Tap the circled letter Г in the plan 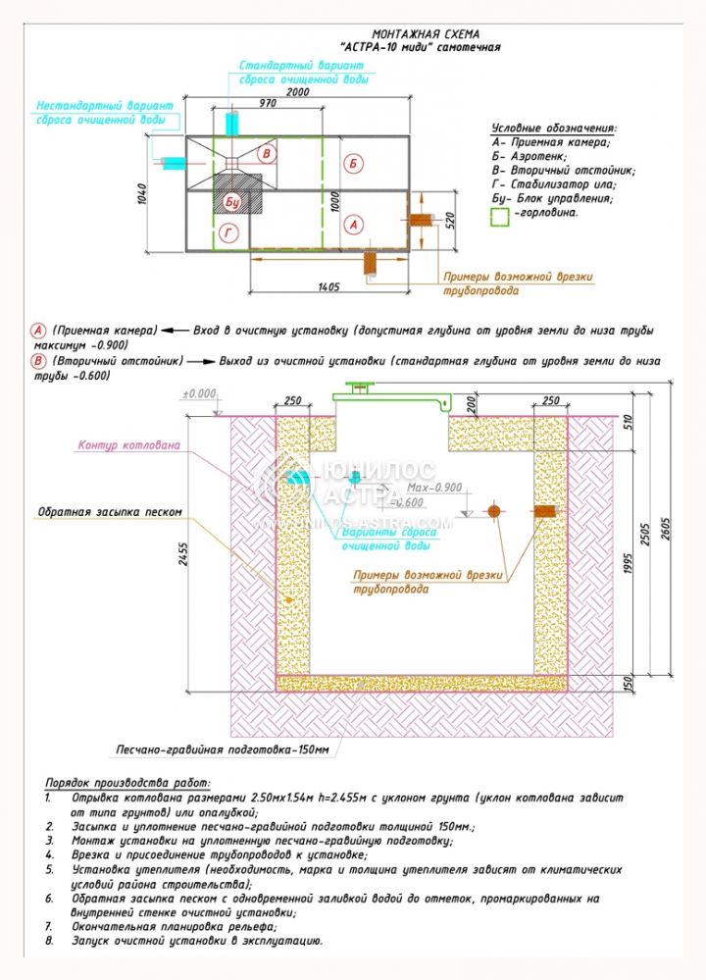[x=228, y=232]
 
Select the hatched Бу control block [x=233, y=200]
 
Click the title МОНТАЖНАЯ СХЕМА [x=420, y=33]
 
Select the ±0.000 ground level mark [x=199, y=393]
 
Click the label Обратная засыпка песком [x=110, y=512]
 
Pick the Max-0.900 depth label [x=433, y=488]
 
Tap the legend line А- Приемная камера [x=553, y=141]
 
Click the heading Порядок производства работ [x=127, y=783]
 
